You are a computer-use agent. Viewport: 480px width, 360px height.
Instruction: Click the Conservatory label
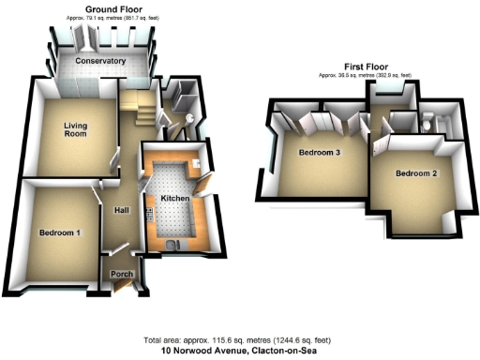101,61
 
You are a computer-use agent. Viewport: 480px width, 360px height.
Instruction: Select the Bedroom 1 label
59,232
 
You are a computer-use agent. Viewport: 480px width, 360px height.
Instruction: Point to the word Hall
121,210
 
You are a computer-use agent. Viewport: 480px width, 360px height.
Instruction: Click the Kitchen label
175,199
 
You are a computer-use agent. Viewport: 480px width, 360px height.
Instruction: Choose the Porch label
122,274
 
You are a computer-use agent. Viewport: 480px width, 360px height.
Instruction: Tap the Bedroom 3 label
320,154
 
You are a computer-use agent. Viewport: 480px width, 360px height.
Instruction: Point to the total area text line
239,339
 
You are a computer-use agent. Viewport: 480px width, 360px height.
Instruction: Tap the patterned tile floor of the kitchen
172,216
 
